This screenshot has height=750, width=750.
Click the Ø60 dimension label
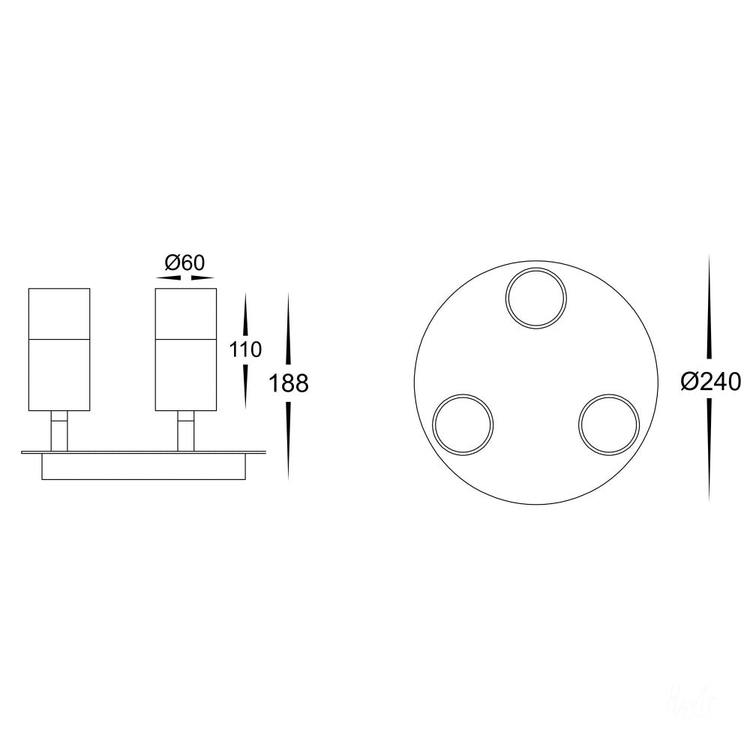(184, 262)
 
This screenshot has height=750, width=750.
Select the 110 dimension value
(246, 349)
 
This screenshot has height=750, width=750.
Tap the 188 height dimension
(289, 384)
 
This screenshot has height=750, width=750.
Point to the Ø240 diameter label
(710, 382)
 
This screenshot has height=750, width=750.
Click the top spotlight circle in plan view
(535, 298)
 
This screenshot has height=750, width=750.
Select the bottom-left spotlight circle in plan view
(463, 424)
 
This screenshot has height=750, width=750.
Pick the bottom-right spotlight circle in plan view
(607, 424)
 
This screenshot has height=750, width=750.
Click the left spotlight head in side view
(59, 349)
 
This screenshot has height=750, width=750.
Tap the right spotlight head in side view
(185, 349)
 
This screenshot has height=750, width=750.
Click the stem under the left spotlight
(59, 431)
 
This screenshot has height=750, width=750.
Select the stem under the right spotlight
(185, 431)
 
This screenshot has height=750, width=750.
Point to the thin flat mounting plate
(142, 452)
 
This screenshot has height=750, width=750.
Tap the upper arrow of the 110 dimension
(245, 315)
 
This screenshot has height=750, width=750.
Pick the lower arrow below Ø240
(709, 450)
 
